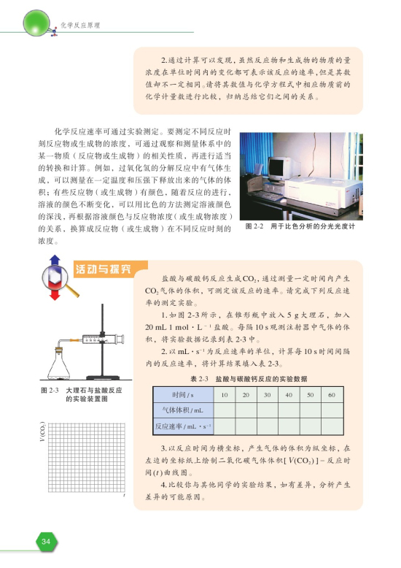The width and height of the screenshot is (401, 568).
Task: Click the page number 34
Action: (x=45, y=541)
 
